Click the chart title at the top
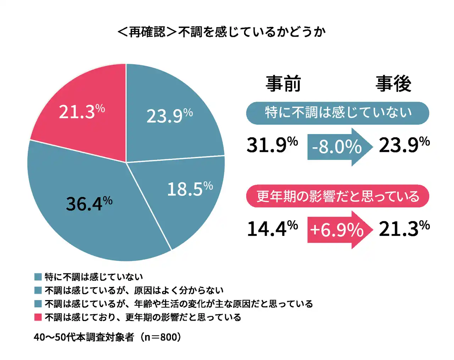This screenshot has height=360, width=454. click(221, 32)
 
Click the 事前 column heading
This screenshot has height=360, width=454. click(283, 84)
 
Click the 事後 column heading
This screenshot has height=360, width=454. click(393, 84)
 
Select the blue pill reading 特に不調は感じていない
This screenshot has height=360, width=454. click(338, 113)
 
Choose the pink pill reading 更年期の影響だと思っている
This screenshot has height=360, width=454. click(338, 196)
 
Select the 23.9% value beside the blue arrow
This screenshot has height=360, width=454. click(404, 145)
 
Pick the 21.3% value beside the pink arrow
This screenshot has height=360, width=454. click(404, 228)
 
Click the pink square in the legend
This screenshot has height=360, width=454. click(38, 317)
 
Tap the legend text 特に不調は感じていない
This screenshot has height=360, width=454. click(94, 277)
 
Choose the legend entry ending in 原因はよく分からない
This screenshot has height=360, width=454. click(134, 290)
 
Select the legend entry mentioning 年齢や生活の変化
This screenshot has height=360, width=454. click(179, 304)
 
